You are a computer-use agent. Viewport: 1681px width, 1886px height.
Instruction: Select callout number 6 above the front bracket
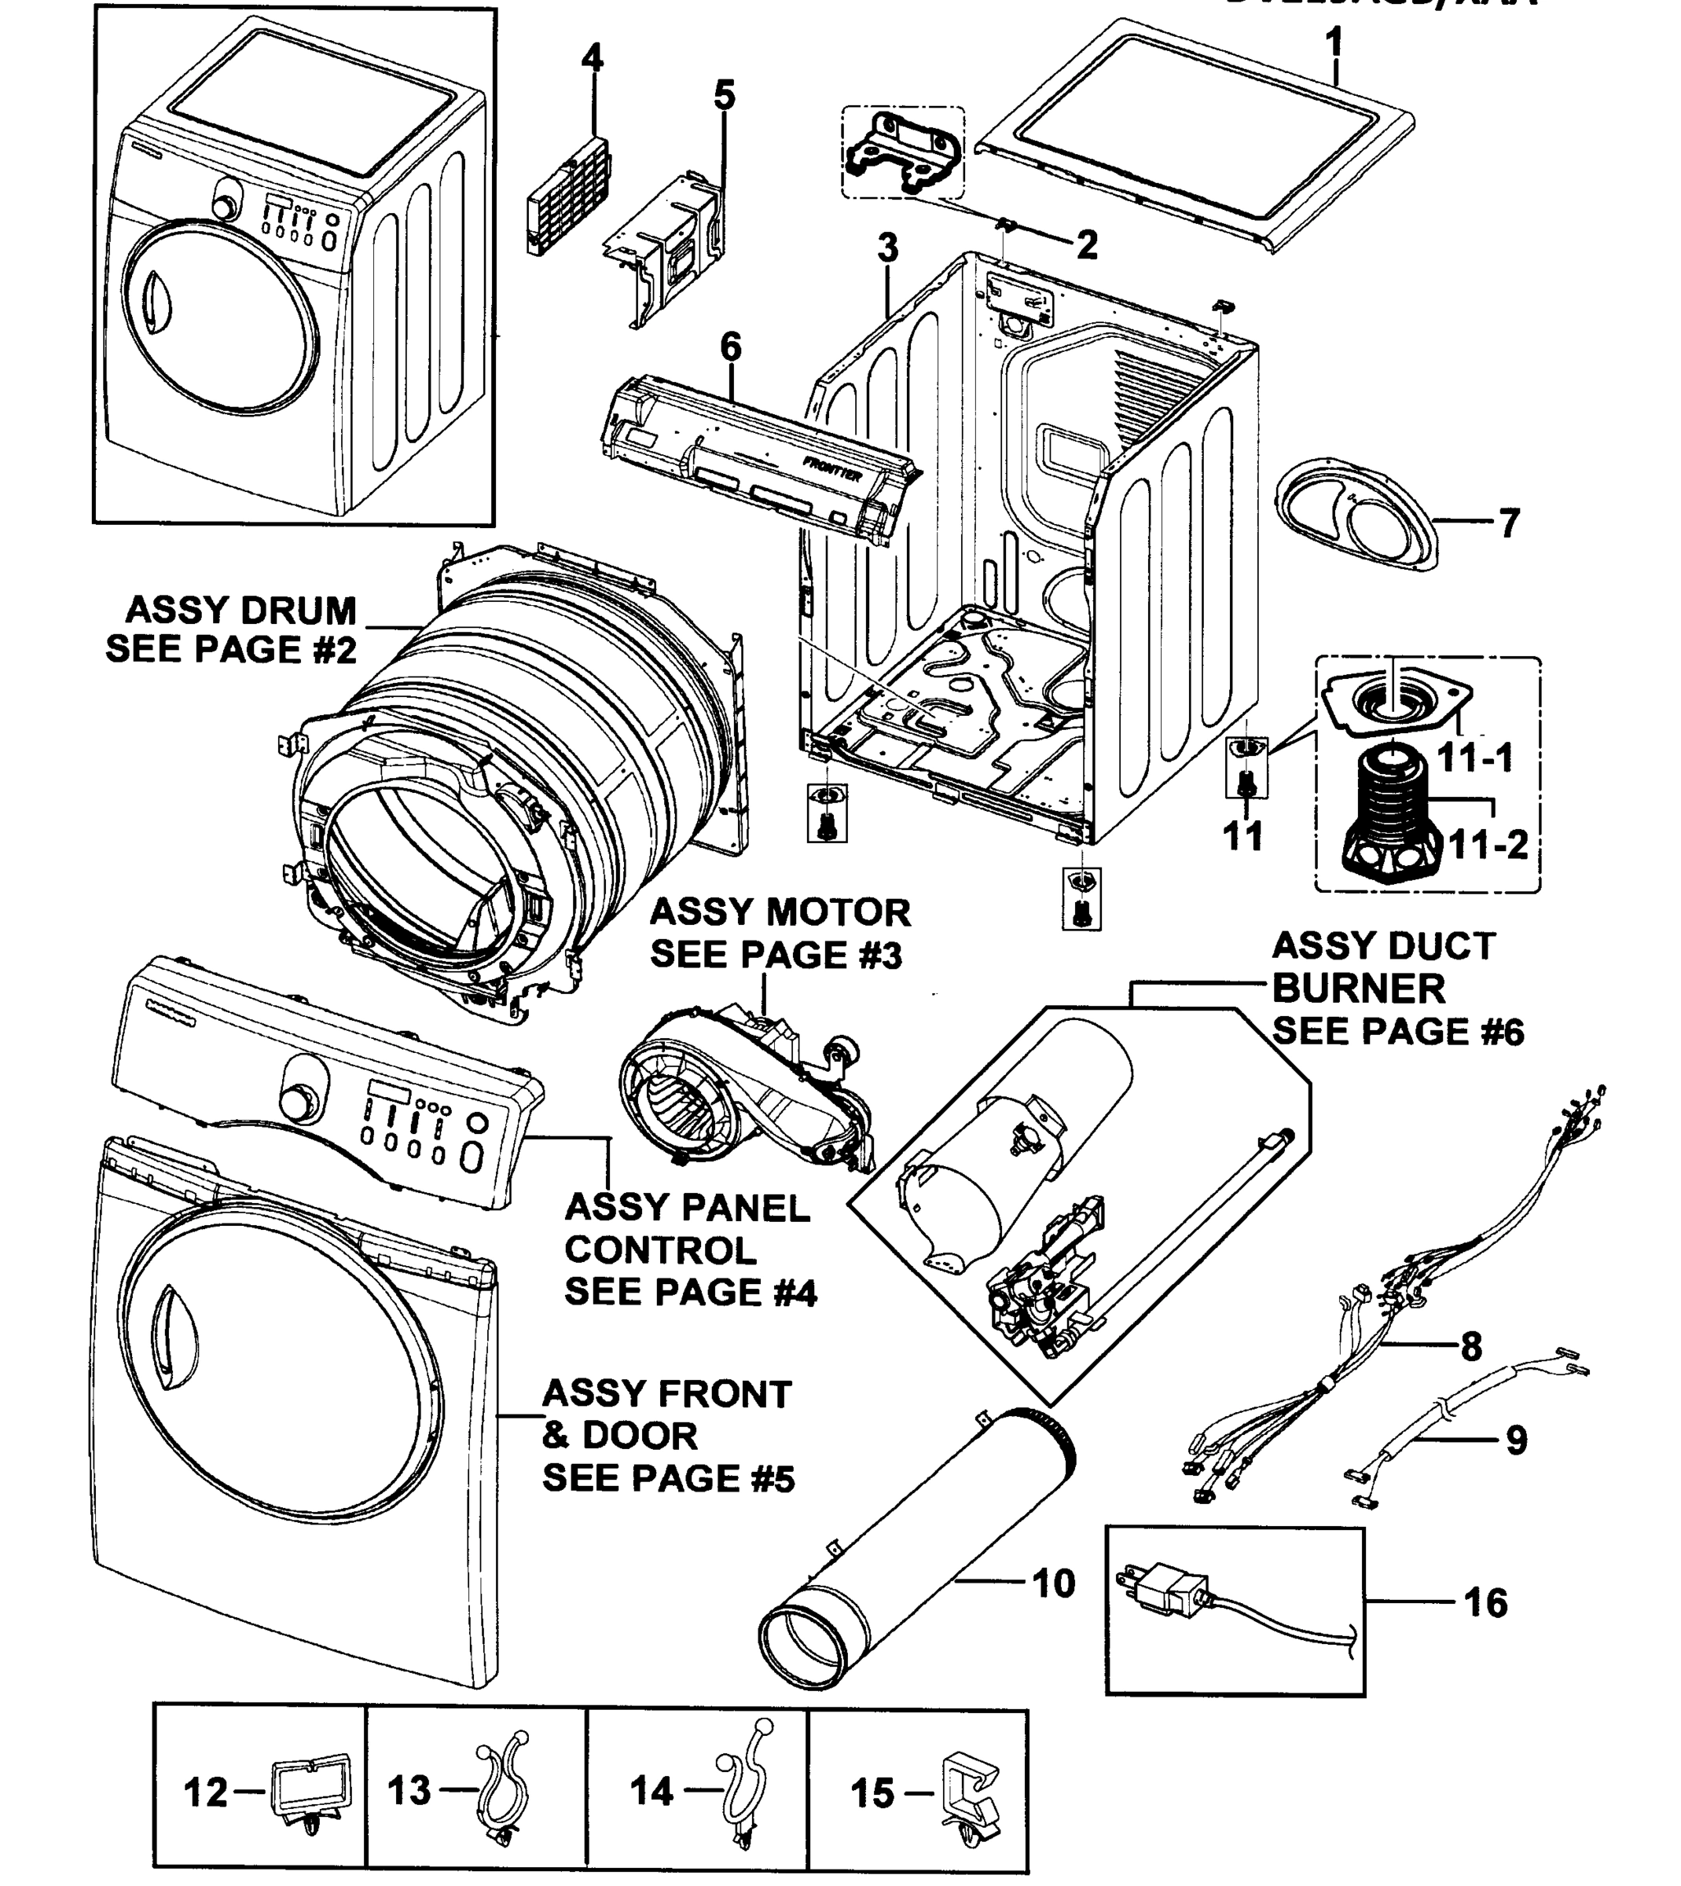(x=729, y=347)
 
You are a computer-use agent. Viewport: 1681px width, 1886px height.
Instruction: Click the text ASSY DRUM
(x=241, y=611)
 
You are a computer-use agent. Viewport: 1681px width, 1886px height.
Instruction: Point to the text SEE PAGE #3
(x=776, y=955)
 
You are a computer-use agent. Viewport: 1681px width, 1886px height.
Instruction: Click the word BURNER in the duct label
(x=1359, y=989)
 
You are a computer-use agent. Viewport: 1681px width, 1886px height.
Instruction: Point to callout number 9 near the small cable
(x=1516, y=1440)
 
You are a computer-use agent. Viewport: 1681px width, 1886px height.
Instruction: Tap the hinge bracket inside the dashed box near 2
(x=901, y=153)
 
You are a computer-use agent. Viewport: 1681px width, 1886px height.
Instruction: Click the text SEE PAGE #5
(x=668, y=1478)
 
